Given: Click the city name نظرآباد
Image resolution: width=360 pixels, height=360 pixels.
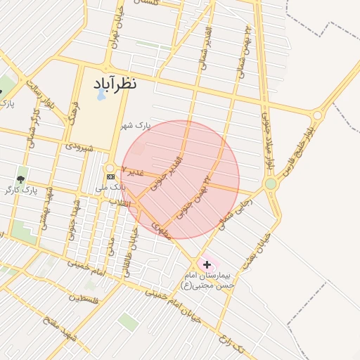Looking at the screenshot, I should [115, 83].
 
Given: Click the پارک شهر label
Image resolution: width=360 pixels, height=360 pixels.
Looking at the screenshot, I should [136, 127].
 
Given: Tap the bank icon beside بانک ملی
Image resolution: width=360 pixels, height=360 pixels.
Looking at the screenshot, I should [110, 176].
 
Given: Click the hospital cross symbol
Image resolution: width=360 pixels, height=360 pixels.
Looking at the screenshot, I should [207, 264].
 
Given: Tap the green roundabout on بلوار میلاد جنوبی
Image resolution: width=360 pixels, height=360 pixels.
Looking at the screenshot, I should [271, 184].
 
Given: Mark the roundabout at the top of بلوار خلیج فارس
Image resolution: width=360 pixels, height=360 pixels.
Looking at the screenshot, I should [317, 115].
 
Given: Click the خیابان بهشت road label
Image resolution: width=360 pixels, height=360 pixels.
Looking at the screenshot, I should [255, 252].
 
